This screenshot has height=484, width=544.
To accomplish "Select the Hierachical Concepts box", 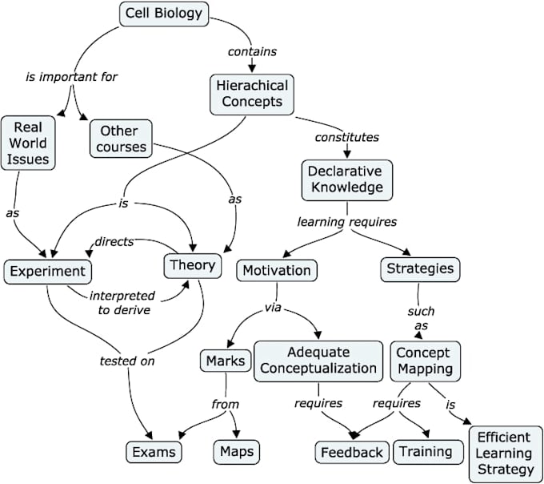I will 251,93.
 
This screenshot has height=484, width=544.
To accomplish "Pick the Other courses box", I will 119,139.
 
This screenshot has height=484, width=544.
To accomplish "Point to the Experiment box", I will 46,271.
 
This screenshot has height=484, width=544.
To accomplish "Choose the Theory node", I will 192,265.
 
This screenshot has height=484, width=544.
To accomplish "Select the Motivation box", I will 276,269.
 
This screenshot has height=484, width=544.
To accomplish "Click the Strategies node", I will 419,268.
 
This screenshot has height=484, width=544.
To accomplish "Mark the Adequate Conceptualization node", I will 318,360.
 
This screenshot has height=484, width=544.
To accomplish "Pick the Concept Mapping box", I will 426,360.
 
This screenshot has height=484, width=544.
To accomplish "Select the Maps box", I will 235,451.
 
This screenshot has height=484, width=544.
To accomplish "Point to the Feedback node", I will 351,452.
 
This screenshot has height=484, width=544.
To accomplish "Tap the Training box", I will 427,451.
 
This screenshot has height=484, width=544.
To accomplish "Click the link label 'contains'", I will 252,51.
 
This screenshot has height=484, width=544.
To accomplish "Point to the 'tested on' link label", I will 126,360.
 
